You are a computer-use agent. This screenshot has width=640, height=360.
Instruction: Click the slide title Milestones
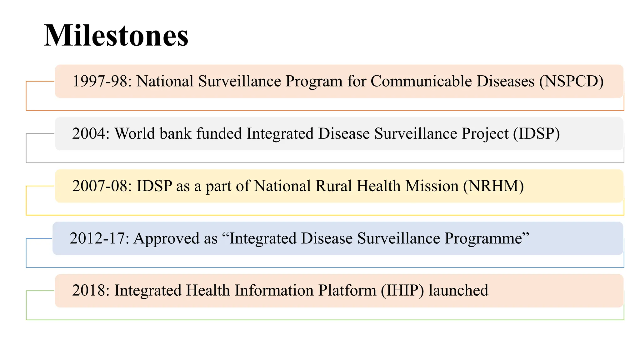[x=116, y=36]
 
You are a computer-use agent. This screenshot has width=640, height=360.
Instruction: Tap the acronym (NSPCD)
[x=571, y=81]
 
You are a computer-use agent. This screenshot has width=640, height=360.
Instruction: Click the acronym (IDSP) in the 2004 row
[x=536, y=134]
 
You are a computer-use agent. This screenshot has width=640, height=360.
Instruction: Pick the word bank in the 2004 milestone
[x=176, y=134]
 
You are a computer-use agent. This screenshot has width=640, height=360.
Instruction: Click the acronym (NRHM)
[x=493, y=186]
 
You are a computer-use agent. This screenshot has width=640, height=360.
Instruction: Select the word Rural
[x=334, y=186]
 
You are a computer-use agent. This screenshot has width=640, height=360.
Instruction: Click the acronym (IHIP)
[x=402, y=290]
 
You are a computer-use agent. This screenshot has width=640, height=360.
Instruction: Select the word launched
[x=458, y=290]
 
